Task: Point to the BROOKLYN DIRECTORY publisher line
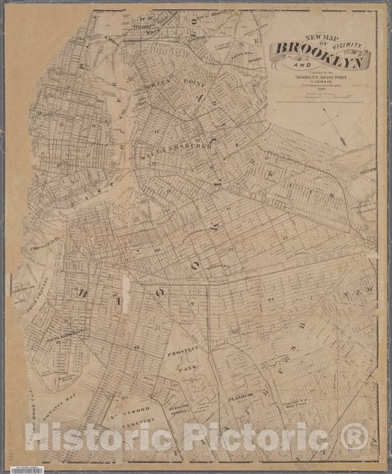pyautogui.click(x=304, y=79)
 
